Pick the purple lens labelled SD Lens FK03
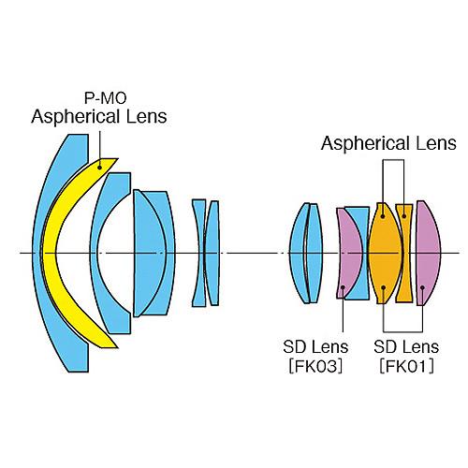click(350, 253)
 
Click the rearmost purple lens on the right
click(427, 253)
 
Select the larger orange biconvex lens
click(385, 253)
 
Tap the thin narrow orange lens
click(404, 253)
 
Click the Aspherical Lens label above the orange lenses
click(388, 143)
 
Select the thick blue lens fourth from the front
click(153, 253)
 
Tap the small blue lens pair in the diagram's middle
click(205, 253)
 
